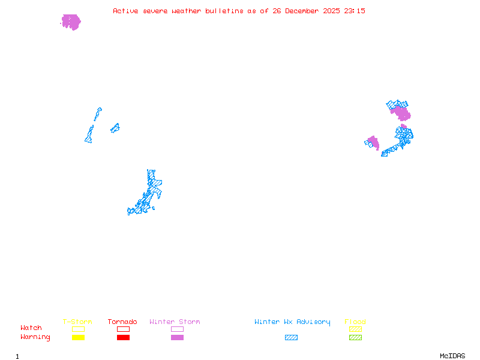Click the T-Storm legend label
point(77,322)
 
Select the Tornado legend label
point(122,322)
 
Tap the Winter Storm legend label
point(175,322)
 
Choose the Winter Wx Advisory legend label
point(292,322)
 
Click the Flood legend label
point(355,322)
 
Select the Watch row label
point(31,328)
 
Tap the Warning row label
point(35,337)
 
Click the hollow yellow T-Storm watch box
point(78,329)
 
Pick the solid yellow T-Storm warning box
point(78,338)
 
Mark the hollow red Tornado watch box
point(123,329)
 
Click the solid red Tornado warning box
point(123,338)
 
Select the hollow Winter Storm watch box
point(177,329)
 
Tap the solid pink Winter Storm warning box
point(177,338)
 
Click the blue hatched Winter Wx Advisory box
point(291,338)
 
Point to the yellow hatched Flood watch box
point(355,329)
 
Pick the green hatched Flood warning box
point(355,338)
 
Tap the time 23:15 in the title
point(354,11)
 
